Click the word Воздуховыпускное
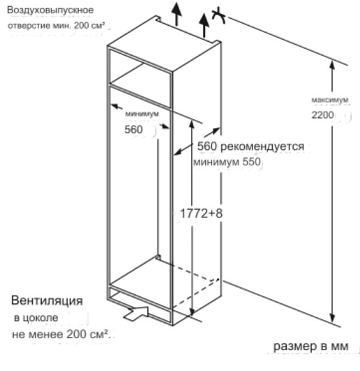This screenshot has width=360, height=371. point(50,10)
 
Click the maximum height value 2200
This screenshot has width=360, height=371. point(322,115)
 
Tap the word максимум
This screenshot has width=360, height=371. point(330,100)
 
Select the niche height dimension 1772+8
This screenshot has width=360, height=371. point(201,213)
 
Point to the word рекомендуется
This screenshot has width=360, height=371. point(262,146)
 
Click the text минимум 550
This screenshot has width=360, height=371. point(227,162)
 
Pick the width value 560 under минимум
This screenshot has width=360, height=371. point(133,130)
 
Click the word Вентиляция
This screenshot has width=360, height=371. point(47,301)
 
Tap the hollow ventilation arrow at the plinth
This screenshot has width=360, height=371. point(136,314)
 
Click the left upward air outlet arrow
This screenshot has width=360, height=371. point(177,13)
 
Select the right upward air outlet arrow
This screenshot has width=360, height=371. point(204,25)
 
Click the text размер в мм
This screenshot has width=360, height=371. point(310,347)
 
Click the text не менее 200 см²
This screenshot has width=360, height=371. point(61,334)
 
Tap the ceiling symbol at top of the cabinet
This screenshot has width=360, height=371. point(219,15)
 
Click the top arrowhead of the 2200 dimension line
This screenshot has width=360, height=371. point(332,65)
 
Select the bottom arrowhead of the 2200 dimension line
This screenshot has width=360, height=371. point(332,319)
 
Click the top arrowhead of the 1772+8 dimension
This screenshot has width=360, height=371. point(192,124)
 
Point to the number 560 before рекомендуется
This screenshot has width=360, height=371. point(207,146)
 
